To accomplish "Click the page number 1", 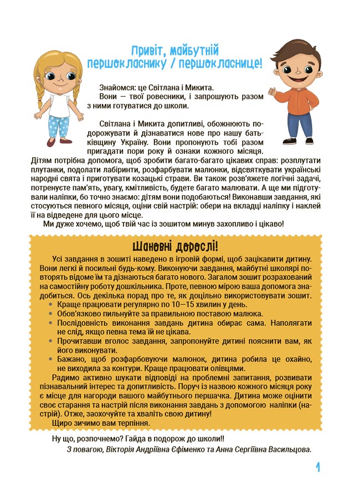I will tap(318, 468).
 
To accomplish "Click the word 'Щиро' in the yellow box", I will tap(59, 422).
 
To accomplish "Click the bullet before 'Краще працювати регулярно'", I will tap(52, 304).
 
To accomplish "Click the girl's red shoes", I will tap(55, 143).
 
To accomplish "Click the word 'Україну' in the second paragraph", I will tap(131, 141).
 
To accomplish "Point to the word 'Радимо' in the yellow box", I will tap(65, 378).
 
